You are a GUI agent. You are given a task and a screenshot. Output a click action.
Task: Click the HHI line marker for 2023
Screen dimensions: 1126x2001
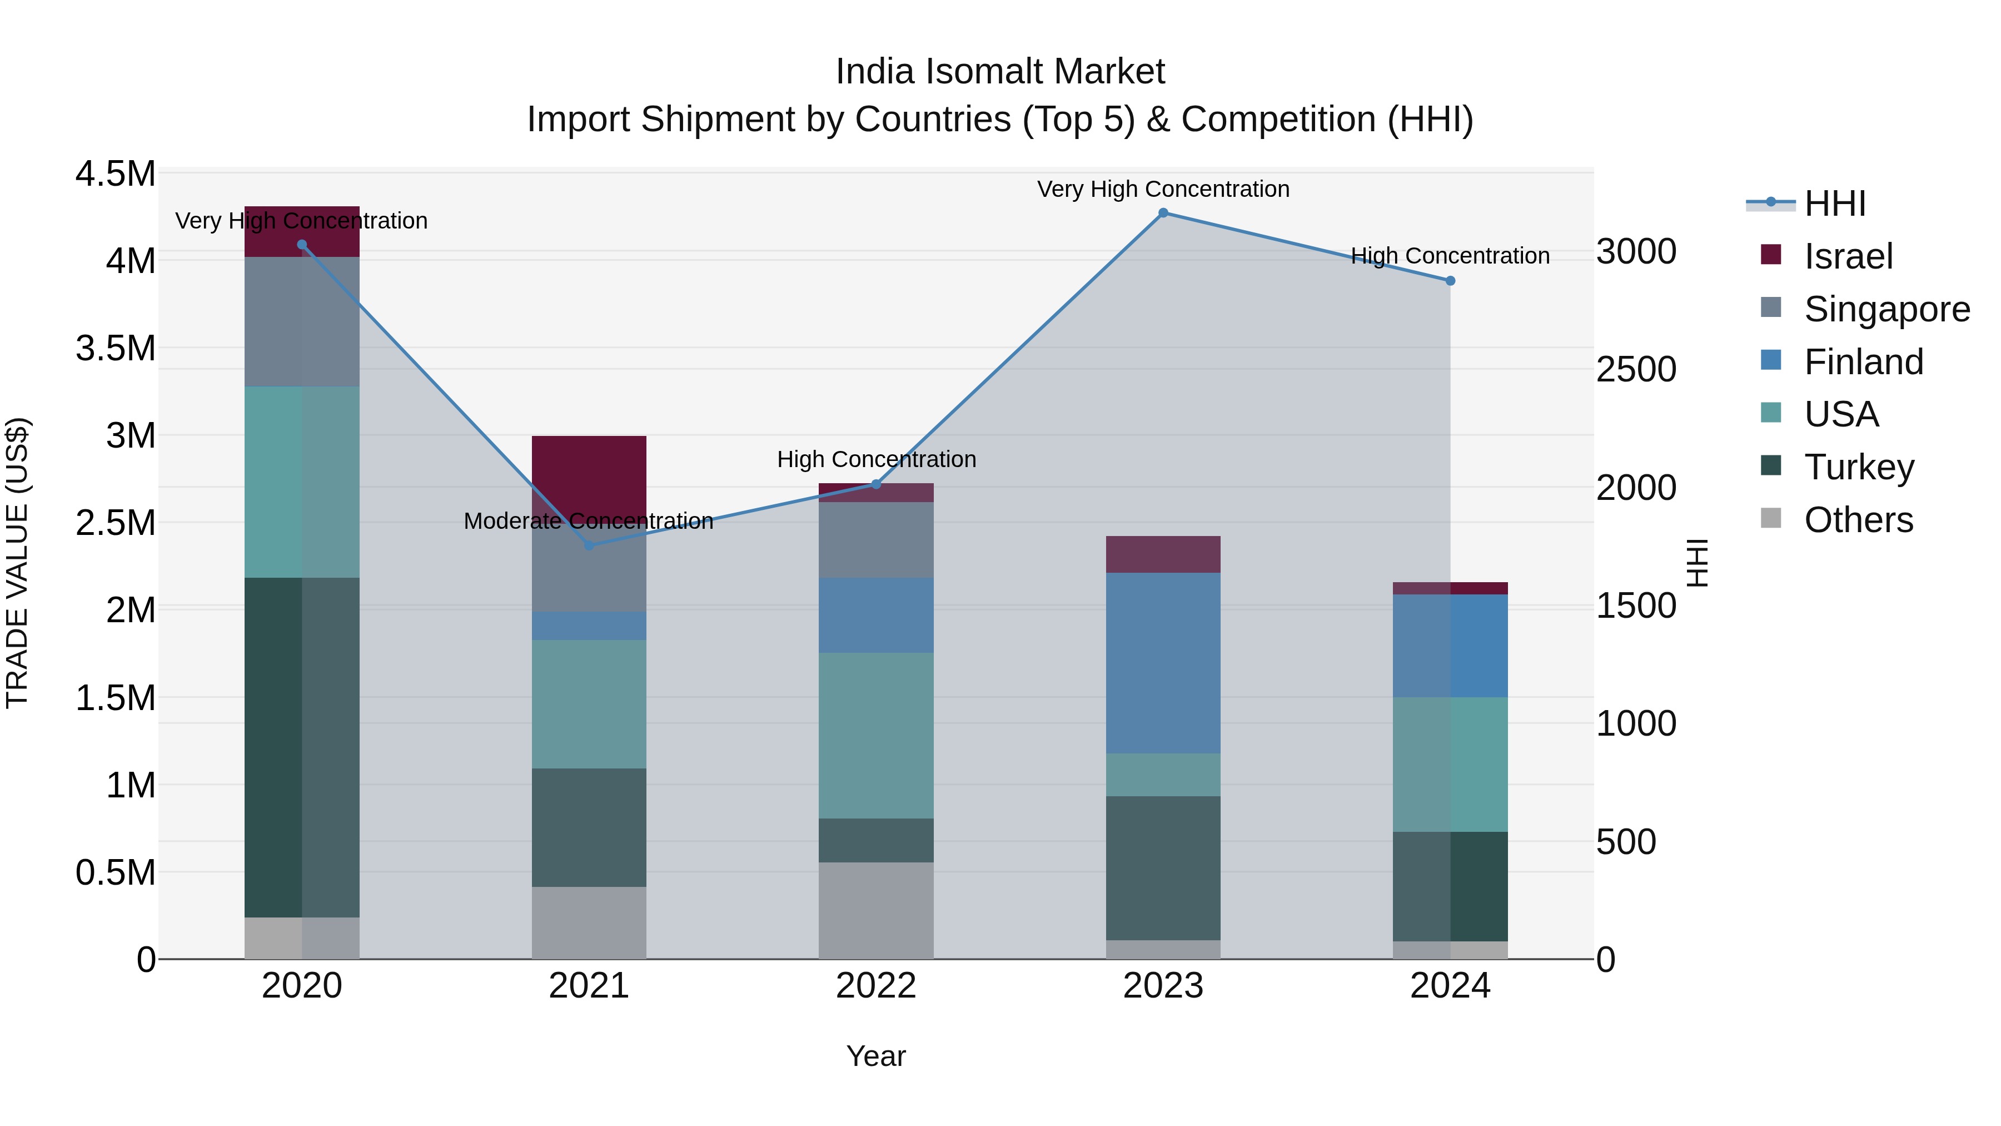(x=1163, y=213)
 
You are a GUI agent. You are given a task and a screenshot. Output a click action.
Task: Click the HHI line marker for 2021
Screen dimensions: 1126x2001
(x=589, y=545)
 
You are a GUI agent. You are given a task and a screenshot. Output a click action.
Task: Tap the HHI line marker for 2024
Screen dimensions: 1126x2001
(x=1450, y=281)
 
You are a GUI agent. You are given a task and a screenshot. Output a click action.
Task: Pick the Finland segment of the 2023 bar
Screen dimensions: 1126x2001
(x=1163, y=663)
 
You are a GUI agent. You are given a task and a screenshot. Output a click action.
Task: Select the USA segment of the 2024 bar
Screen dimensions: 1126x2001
(x=1450, y=765)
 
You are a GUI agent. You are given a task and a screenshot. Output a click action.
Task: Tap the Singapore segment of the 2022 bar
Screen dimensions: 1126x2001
(x=875, y=540)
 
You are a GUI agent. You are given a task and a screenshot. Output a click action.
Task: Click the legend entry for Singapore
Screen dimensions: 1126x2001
(x=1886, y=309)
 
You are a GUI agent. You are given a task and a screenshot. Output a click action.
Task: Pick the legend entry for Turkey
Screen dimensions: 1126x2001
(x=1858, y=467)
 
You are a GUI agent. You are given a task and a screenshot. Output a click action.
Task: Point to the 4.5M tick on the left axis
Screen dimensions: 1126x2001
(x=115, y=173)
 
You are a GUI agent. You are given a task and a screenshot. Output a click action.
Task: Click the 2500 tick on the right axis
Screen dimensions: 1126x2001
(x=1636, y=370)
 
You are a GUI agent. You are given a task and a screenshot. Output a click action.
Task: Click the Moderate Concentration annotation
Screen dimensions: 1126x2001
(x=588, y=520)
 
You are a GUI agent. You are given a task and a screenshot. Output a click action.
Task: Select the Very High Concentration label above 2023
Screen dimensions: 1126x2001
(x=1163, y=189)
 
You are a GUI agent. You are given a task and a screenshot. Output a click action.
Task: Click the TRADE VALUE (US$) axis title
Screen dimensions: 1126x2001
(x=17, y=563)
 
